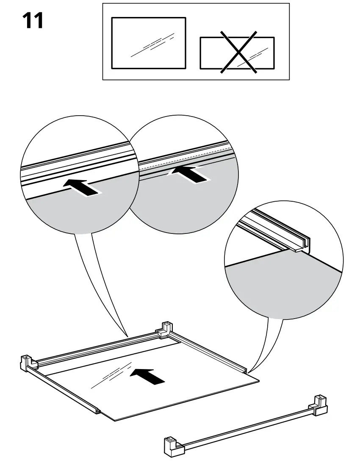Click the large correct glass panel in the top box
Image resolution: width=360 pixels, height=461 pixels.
pyautogui.click(x=148, y=43)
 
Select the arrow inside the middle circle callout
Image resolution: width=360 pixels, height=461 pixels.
pyautogui.click(x=188, y=174)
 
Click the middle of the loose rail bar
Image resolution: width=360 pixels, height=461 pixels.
pyautogui.click(x=246, y=426)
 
